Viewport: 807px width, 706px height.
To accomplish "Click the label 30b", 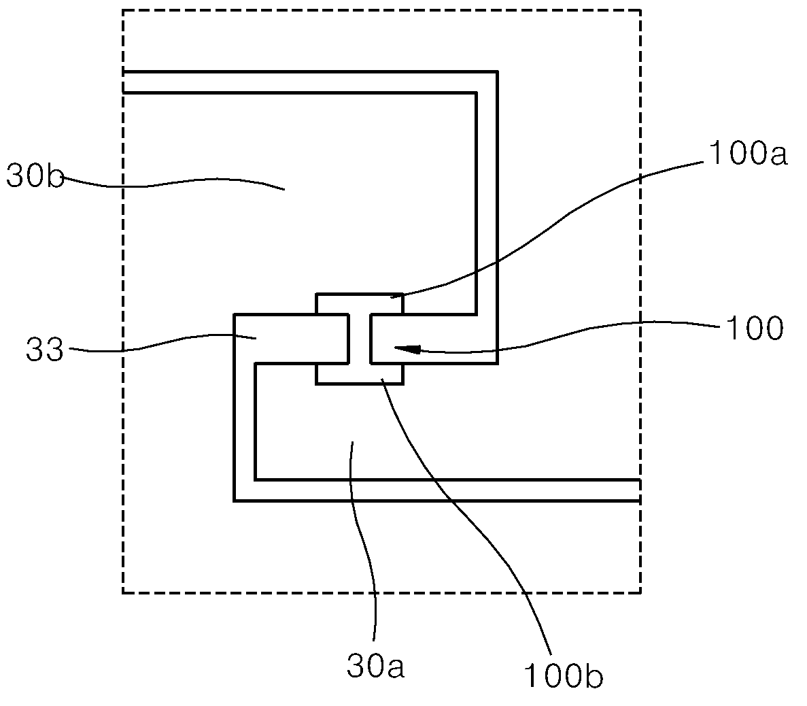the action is tap(35, 177).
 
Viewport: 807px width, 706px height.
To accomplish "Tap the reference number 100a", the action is tap(748, 153).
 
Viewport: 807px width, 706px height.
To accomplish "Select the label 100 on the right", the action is tap(754, 328).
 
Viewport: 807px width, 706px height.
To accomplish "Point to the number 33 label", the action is tap(45, 351).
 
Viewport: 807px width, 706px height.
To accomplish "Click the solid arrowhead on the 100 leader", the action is tap(407, 350).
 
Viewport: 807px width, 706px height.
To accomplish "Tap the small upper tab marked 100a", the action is tap(360, 303).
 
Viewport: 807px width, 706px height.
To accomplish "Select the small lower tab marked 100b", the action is tap(360, 374).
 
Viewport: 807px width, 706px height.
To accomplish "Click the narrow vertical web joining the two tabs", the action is tap(360, 338).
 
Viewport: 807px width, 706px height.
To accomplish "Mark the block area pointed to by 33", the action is tap(291, 338).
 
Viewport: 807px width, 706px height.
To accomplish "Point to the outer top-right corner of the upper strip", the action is tap(498, 71).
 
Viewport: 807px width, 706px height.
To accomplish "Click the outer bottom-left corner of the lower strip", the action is tap(234, 501).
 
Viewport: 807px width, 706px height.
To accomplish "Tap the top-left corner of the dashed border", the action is tap(123, 10).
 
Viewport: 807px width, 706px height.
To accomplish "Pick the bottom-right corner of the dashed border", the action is tap(640, 592).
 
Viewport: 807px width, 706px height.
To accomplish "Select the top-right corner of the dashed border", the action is tap(640, 10).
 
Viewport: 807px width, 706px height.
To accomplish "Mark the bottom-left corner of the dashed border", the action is tap(123, 592).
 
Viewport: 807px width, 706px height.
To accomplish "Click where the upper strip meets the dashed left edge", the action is tap(124, 82).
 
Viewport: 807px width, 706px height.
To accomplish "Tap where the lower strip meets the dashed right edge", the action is tap(640, 490).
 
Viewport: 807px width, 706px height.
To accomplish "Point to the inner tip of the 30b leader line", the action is tap(284, 190).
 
